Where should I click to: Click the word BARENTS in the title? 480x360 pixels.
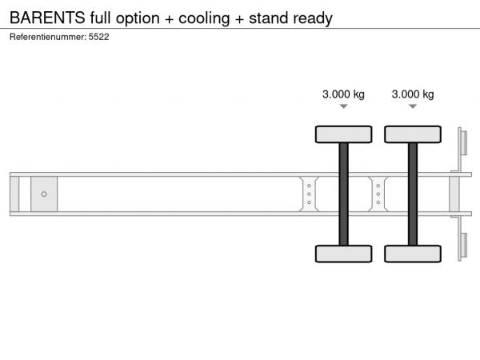pos(47,18)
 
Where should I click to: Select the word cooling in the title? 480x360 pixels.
pos(204,19)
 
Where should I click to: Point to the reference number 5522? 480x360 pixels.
pos(98,37)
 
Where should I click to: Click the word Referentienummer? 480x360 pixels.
pos(47,37)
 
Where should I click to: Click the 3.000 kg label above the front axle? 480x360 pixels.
pos(343,94)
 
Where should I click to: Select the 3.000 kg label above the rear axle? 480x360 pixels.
pos(413,94)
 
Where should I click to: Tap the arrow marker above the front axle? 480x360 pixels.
pos(343,106)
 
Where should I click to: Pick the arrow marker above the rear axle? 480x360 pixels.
pos(413,106)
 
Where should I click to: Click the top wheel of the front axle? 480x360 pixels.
pos(343,134)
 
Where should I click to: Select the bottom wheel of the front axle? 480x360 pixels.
pos(343,254)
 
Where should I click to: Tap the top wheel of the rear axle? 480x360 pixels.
pos(413,134)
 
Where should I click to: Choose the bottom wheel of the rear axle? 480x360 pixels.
pos(413,254)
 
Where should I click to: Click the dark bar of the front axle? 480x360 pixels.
pos(343,194)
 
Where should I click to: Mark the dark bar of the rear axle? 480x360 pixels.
pos(413,194)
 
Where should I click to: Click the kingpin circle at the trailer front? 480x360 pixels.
pos(44,194)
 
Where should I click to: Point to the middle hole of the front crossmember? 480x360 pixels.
pos(309,194)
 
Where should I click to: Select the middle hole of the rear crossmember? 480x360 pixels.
pos(378,194)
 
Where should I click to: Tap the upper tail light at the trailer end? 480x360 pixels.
pos(464,142)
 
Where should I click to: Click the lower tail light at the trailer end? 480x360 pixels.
pos(464,245)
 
